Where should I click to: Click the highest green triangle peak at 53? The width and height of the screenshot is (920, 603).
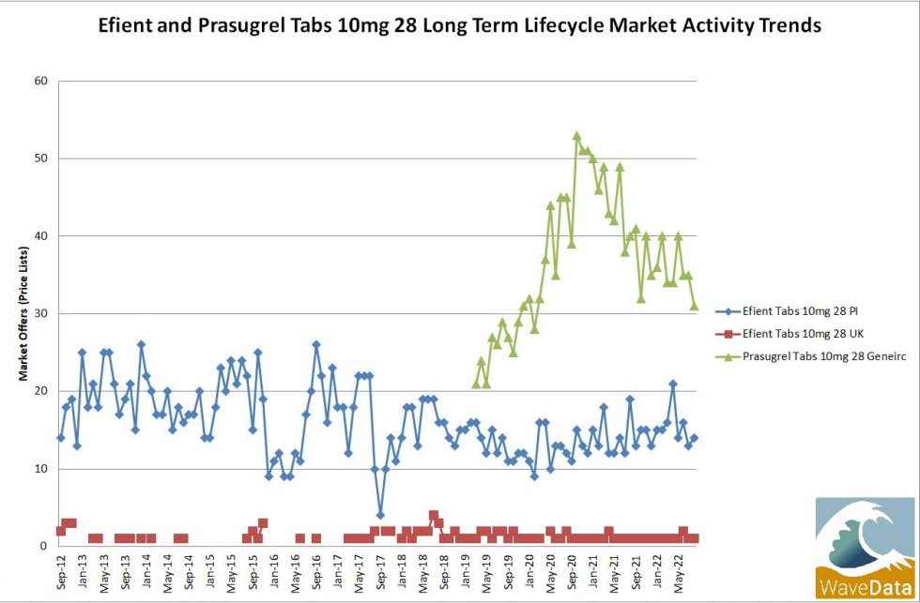[576, 136]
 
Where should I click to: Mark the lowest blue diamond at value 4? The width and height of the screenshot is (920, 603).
[380, 515]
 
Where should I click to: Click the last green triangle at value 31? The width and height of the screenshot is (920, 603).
[695, 306]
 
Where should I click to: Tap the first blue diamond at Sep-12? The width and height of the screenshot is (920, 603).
[61, 438]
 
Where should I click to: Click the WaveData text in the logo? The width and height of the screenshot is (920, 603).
[865, 586]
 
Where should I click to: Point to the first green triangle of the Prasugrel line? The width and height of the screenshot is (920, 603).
[476, 384]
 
